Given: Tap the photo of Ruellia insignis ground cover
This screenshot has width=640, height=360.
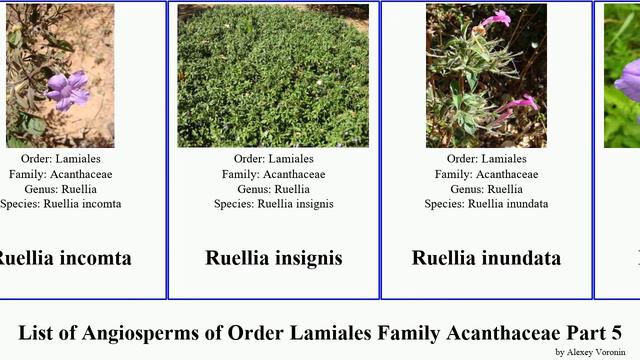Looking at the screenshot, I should tap(273, 76).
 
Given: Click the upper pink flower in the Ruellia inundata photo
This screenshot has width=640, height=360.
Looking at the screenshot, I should tap(495, 19).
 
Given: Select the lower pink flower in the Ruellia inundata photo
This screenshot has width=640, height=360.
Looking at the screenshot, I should tap(518, 104).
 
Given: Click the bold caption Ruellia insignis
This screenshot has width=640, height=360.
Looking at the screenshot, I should tap(274, 258).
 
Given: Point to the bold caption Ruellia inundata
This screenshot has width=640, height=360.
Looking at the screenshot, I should tap(486, 258).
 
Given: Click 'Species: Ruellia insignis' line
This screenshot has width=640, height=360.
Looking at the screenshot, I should tap(274, 204).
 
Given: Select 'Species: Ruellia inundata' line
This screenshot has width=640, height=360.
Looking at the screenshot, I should tap(486, 204).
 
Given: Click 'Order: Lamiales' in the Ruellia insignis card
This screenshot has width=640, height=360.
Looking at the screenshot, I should tap(274, 159).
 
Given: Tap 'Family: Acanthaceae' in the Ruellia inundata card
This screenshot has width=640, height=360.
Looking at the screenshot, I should tap(486, 174).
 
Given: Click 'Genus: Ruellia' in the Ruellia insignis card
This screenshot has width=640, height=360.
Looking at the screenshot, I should tap(274, 189).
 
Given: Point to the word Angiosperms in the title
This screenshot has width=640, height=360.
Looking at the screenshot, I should tap(147, 333).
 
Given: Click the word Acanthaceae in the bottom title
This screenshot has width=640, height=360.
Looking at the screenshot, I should tap(482, 333).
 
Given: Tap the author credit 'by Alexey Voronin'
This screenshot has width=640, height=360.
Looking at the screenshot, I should tap(590, 352).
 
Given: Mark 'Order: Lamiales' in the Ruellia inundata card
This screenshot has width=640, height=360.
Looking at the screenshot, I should tap(486, 159).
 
